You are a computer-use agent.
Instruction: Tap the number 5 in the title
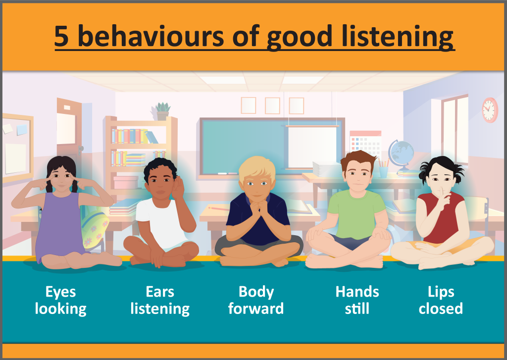(61, 36)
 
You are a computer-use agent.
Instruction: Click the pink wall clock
(490, 110)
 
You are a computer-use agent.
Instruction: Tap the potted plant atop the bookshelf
(162, 111)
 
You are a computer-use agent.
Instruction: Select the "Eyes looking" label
(61, 300)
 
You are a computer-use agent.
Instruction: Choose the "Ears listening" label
(160, 300)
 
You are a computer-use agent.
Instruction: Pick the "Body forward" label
(256, 300)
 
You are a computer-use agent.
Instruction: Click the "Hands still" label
(357, 300)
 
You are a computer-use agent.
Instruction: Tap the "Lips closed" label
(441, 300)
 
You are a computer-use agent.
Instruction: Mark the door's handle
(80, 150)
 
